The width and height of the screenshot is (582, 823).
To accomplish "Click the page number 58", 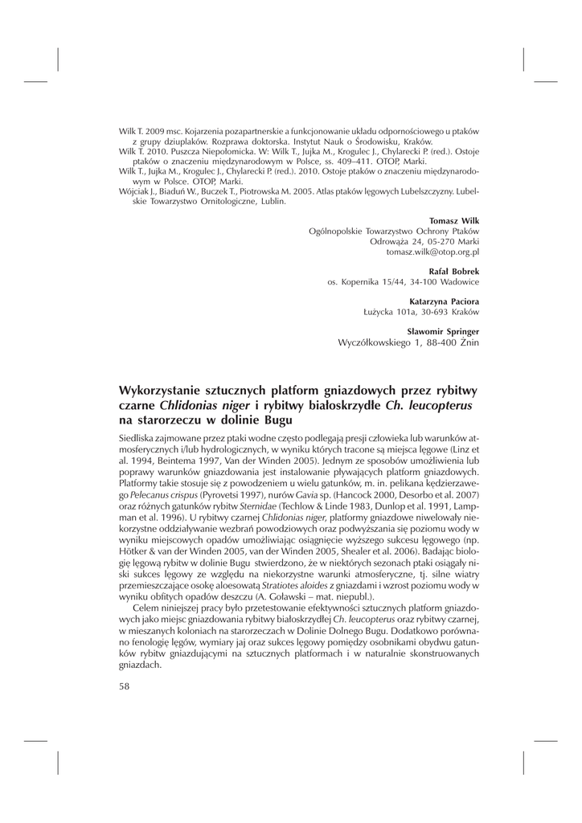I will (125, 686).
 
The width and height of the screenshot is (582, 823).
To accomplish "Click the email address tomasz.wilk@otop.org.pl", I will (432, 252).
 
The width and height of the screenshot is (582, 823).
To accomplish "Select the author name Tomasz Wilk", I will (454, 220).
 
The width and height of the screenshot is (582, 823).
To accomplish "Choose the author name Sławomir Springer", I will (443, 331).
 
